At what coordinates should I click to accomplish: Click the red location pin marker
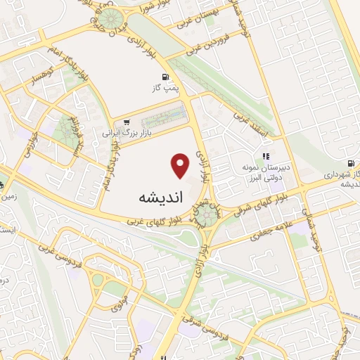coord(181,166)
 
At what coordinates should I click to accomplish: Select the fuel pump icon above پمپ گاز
coord(165,77)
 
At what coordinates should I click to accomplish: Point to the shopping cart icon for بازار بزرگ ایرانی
coord(127,122)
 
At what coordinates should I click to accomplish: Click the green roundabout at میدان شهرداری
coord(207,214)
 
